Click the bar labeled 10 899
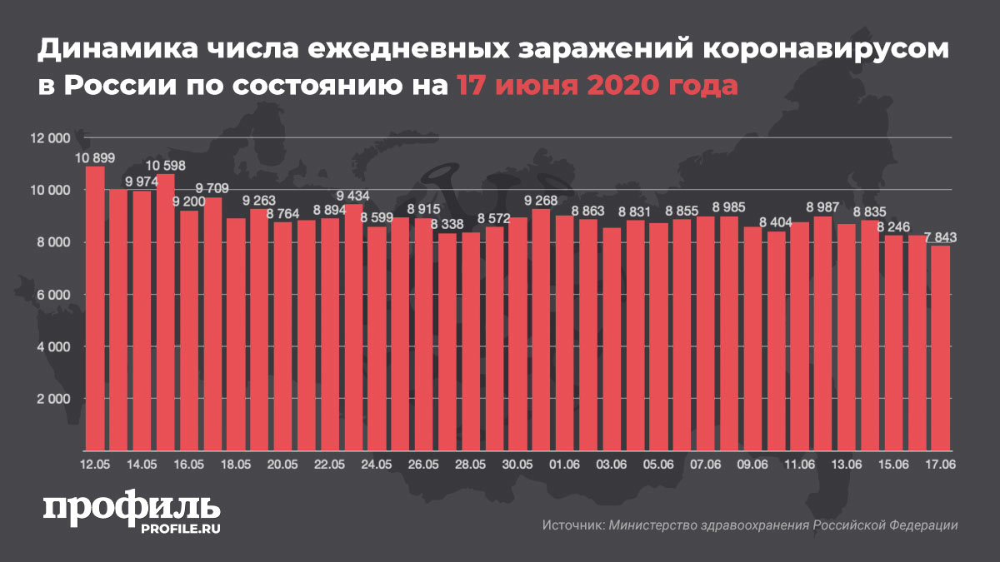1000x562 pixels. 95,308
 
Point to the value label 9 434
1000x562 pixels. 354,197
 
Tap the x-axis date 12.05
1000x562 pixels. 95,463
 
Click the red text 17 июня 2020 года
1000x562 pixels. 597,85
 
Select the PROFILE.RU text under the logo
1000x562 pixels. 182,527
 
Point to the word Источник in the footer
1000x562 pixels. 572,525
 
